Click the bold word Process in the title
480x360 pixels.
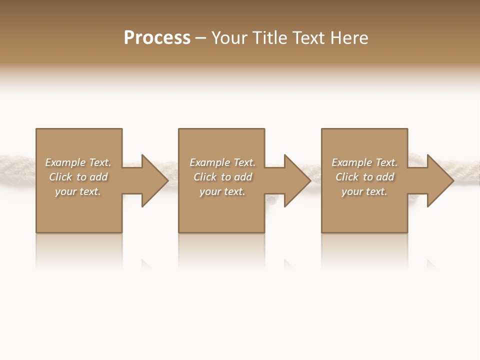157,38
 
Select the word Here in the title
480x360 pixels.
350,38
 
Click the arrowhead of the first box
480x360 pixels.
155,180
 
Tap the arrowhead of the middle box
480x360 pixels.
298,180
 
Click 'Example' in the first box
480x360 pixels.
65,162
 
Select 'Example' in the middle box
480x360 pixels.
209,162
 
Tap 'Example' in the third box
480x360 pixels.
351,162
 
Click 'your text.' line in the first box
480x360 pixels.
78,191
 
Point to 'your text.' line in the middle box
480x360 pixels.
222,191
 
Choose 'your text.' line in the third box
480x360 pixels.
364,191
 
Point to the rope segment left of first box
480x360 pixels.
17,162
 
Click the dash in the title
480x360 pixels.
201,38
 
